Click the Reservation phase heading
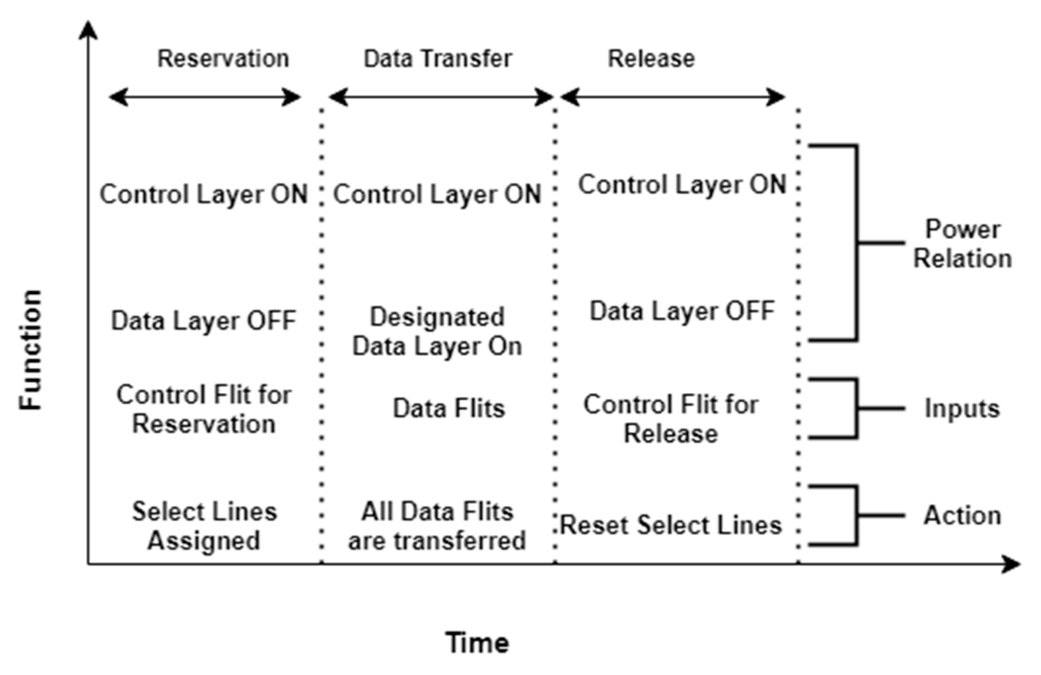click(223, 59)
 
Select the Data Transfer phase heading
click(438, 59)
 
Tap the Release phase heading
click(651, 59)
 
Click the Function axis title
click(31, 350)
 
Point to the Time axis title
click(477, 643)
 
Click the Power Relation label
click(963, 244)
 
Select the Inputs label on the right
click(963, 408)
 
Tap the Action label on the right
click(963, 515)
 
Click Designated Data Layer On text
click(437, 331)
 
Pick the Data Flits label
click(449, 408)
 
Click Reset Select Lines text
click(671, 525)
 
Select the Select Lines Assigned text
click(204, 526)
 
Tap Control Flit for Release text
click(671, 419)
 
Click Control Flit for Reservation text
click(204, 409)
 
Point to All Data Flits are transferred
click(437, 526)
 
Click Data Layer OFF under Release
click(682, 311)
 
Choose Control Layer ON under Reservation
click(204, 194)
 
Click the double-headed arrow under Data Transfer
click(441, 98)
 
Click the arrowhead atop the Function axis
click(88, 30)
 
